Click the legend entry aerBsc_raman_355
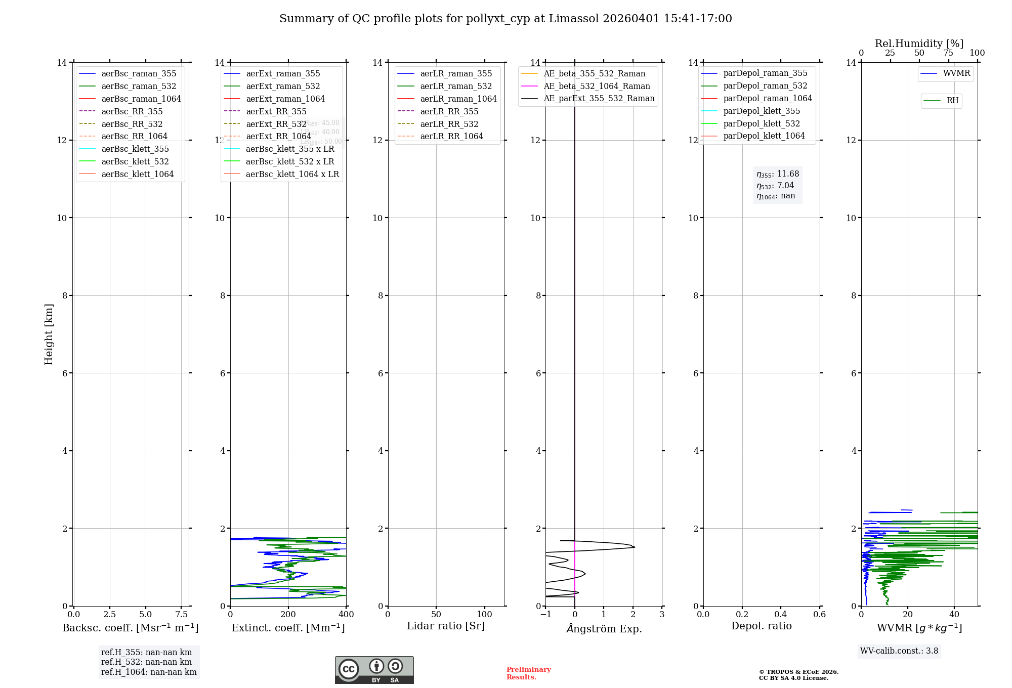coord(139,74)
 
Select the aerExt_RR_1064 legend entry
coord(278,137)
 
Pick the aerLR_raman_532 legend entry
coord(455,87)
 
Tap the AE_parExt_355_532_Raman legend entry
coord(599,99)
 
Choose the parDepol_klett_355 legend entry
coord(762,111)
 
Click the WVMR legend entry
coord(956,73)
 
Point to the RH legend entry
coord(952,101)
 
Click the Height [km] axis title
coord(49,334)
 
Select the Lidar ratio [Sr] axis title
coord(446,626)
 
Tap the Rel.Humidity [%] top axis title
coord(919,44)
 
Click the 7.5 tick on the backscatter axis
coord(182,615)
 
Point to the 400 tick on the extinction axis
coord(347,615)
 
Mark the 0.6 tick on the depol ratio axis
coord(819,615)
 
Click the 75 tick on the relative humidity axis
coord(948,53)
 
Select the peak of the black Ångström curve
coord(634,547)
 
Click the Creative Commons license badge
coord(374,670)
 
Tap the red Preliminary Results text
coord(528,673)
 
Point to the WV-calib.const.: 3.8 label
coord(899,651)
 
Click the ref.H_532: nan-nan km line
coord(146,662)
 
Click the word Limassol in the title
coord(577,19)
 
